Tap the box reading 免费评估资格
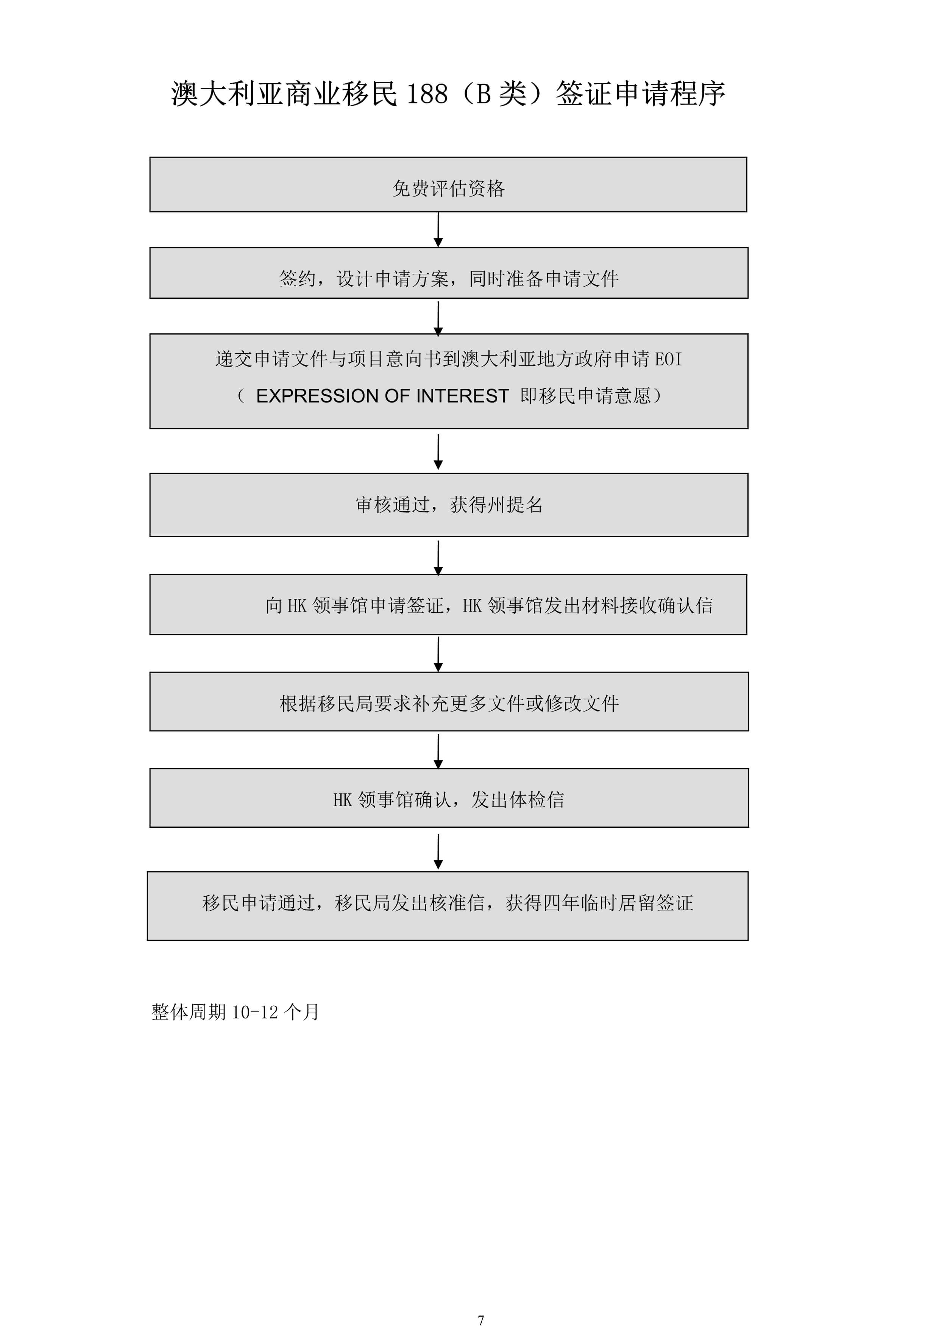(448, 184)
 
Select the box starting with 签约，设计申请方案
(449, 273)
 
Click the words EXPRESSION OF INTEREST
(382, 396)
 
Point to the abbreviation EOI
(668, 359)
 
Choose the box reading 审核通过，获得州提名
(449, 505)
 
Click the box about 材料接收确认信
(448, 604)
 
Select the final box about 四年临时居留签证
(448, 906)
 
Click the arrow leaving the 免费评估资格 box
(438, 229)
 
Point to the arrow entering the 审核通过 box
(438, 452)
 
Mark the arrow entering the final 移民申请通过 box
(438, 851)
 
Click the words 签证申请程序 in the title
(641, 94)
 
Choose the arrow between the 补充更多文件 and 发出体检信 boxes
(438, 751)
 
